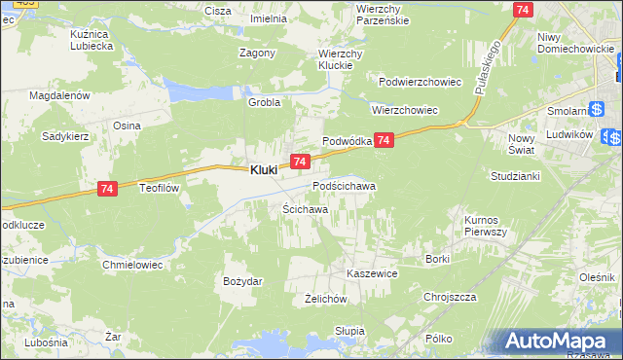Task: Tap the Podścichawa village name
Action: pos(344,185)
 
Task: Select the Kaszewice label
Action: pos(372,274)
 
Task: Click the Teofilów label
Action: pos(161,188)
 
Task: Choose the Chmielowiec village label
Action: pos(131,264)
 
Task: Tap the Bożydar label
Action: pos(242,280)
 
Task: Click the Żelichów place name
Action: pos(326,299)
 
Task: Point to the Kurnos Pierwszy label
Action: pos(486,226)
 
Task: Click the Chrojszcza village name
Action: pos(449,297)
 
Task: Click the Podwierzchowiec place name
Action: pos(420,83)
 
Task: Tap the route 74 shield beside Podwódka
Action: pos(385,141)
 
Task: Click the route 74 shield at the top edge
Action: pos(524,9)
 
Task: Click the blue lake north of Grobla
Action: pos(196,90)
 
